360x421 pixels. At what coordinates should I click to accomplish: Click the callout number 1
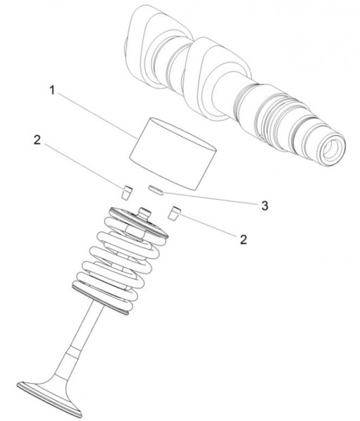53,91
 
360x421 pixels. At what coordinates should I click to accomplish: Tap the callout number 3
265,206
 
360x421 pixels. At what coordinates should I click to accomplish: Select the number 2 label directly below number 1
37,140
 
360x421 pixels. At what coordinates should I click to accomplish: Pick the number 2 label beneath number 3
244,239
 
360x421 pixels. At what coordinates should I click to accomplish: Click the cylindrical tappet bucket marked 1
173,154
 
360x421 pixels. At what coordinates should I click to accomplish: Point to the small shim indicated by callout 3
156,190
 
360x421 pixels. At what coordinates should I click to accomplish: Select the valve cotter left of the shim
127,192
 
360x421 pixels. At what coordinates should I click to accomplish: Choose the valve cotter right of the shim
174,213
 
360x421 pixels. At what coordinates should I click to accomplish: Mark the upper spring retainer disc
138,222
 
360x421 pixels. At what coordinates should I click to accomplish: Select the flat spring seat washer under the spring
100,300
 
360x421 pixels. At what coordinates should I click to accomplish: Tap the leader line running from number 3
211,199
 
